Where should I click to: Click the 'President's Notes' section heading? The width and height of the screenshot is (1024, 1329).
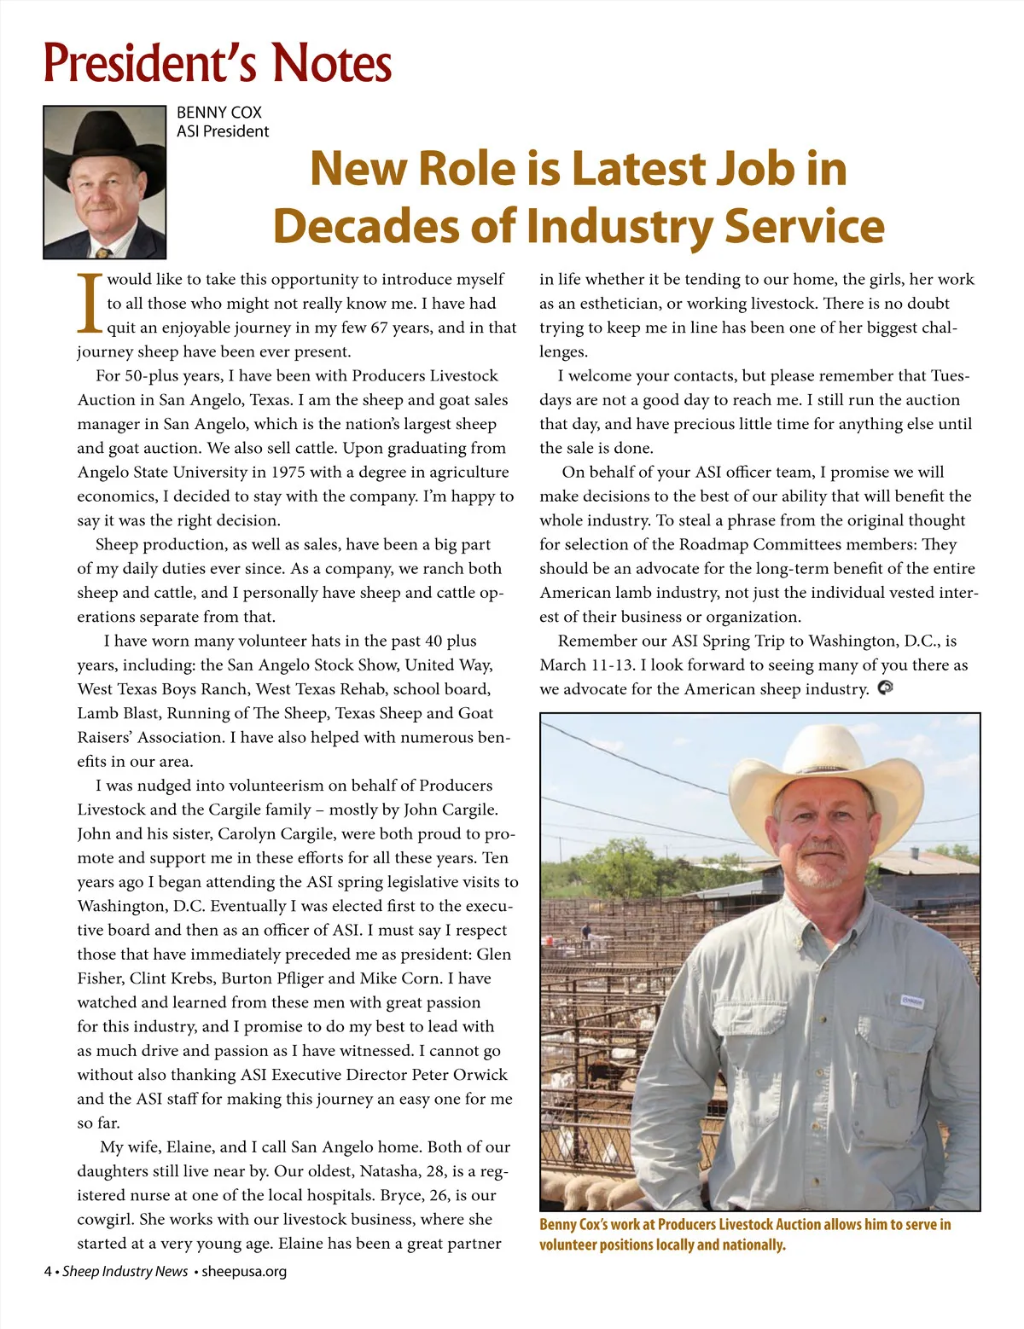(x=218, y=63)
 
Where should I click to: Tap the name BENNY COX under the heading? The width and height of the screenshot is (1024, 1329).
(x=218, y=113)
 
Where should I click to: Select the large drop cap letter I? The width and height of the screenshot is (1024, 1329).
(x=90, y=303)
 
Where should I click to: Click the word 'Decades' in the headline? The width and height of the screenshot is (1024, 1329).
(x=394, y=225)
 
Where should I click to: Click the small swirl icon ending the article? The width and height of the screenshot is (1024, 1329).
(x=885, y=688)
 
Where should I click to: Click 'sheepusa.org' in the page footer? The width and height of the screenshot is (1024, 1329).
(x=244, y=1272)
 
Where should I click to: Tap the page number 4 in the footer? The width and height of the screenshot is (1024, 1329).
(x=49, y=1272)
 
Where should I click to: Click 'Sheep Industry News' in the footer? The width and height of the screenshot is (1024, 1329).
(x=125, y=1272)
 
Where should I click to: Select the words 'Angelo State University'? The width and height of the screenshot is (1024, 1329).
(x=163, y=473)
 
